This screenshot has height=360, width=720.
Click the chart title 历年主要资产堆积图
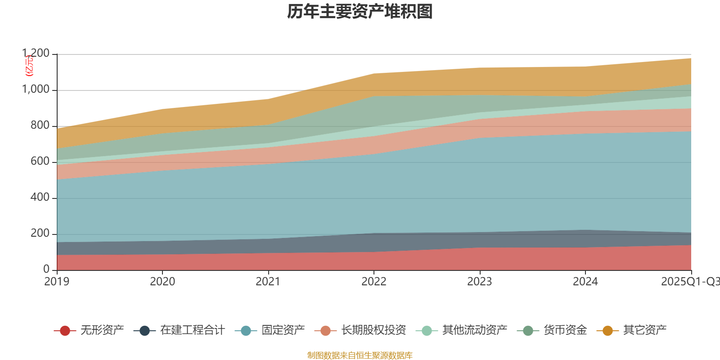point(360,12)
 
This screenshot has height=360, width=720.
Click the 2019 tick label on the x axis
point(57,282)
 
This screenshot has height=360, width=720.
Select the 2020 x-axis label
point(162,282)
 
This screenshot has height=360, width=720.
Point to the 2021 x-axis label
point(268,282)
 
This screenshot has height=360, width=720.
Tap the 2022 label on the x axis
point(374,282)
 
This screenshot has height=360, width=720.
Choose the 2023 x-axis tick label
point(480,282)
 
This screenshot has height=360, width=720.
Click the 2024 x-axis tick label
point(585,282)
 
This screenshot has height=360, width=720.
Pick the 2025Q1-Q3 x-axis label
point(690,282)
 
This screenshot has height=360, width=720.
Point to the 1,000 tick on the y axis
point(36,90)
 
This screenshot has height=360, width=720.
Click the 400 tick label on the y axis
point(40,198)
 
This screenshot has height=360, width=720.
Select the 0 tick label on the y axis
point(46,270)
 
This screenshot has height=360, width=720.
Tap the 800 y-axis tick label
point(40,126)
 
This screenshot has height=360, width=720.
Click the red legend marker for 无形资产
point(65,331)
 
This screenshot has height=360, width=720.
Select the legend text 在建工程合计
point(192,330)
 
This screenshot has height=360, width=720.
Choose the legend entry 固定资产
point(283,330)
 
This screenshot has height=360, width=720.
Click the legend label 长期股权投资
point(373,330)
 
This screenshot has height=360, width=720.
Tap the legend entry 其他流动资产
point(475,330)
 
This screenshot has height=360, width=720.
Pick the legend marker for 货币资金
point(527,331)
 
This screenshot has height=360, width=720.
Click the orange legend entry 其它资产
point(644,330)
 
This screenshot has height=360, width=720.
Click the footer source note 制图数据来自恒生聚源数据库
point(360,355)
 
